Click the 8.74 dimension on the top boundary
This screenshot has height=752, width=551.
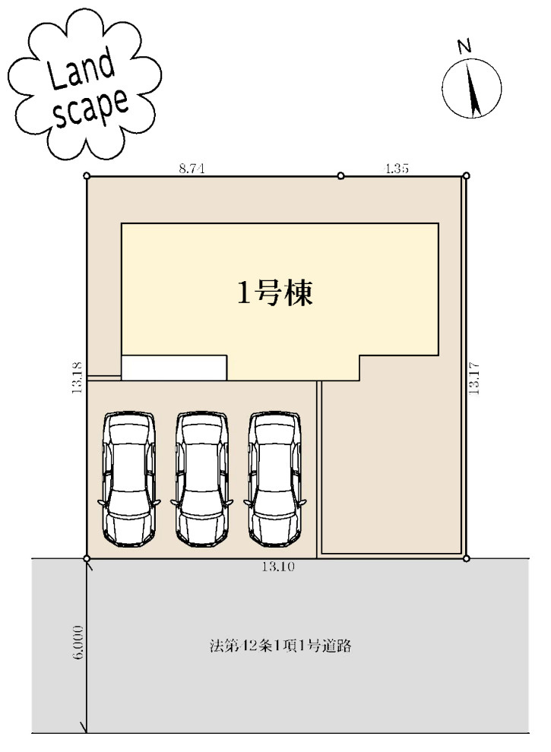[192, 169]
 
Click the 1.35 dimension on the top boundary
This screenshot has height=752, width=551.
[397, 169]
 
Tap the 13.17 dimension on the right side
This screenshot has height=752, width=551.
[474, 378]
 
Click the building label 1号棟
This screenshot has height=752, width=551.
[274, 293]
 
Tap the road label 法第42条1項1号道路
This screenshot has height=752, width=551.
[280, 647]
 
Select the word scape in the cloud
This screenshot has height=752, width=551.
[90, 111]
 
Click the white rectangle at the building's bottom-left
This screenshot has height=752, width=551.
[174, 368]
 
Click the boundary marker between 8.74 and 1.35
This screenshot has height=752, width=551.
[340, 175]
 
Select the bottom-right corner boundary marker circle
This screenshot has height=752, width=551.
[465, 558]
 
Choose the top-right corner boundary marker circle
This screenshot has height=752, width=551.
[465, 175]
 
